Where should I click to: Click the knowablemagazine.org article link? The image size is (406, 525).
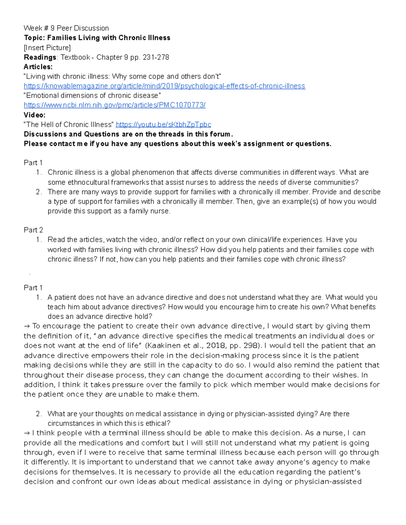point(164,86)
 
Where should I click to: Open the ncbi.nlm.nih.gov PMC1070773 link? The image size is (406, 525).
point(115,105)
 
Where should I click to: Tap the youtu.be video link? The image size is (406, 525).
point(164,124)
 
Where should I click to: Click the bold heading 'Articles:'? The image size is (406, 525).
point(38,67)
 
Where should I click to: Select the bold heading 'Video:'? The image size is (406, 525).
point(35,115)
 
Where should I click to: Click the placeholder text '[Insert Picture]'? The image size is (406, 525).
point(47,47)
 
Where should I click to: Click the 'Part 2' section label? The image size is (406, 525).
point(33,230)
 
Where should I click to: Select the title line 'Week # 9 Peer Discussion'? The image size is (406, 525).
point(66,28)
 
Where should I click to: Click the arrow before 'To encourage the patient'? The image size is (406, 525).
point(27,326)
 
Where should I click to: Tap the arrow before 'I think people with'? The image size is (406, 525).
point(27,433)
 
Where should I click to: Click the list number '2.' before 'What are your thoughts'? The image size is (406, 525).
point(39,414)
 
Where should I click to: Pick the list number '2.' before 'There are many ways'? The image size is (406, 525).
point(39,192)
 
